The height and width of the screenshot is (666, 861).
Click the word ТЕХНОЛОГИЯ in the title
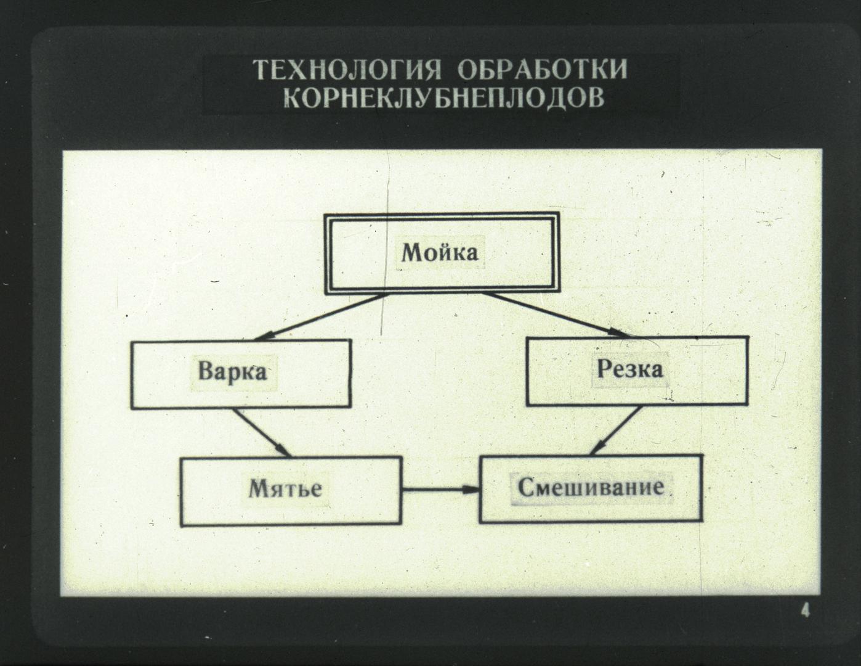coord(347,70)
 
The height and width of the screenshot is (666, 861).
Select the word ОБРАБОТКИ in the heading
coord(543,70)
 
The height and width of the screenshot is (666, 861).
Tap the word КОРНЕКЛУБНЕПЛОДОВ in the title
coord(444,97)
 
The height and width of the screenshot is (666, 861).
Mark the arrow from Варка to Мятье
coord(262,433)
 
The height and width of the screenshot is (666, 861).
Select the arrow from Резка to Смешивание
coord(615,430)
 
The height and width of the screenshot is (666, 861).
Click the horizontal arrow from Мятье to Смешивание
coord(441,490)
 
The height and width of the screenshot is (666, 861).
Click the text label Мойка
coord(440,252)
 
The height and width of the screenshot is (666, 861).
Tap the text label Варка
coord(232,372)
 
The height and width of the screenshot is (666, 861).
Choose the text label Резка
coord(629,369)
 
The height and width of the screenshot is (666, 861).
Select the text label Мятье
coord(285,488)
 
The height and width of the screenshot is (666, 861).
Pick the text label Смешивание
coord(591,487)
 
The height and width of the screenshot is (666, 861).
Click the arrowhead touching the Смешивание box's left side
coord(472,490)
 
